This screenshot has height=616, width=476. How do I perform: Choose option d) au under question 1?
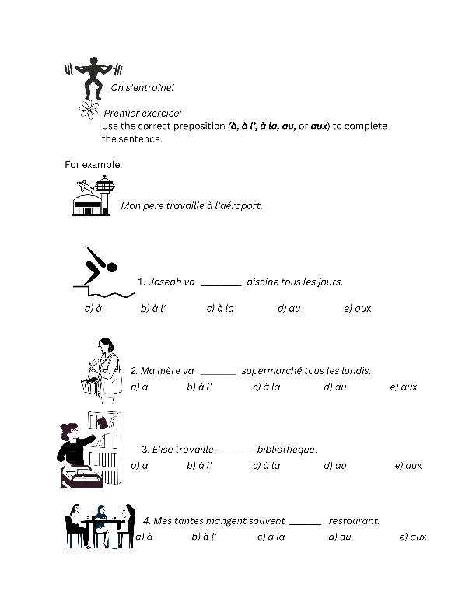(x=289, y=308)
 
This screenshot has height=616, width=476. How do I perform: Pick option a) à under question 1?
(x=93, y=308)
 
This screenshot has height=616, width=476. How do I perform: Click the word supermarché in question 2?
(x=275, y=370)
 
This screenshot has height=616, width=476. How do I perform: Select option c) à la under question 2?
(x=266, y=387)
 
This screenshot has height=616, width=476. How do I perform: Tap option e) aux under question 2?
(x=404, y=387)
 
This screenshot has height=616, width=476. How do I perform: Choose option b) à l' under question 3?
(x=200, y=465)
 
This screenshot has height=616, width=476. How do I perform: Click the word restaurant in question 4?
(x=354, y=520)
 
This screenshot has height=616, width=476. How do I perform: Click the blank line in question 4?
(x=305, y=523)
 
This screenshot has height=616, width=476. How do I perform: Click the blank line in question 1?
(x=222, y=285)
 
